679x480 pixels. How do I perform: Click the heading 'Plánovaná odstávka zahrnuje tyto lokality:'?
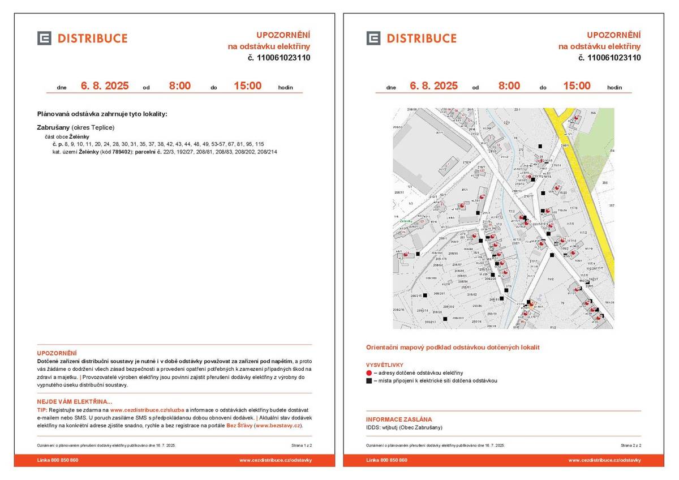coord(102,114)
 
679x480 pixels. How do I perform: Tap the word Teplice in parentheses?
coord(102,127)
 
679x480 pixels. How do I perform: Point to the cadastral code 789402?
coord(122,152)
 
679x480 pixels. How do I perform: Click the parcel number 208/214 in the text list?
coord(267,152)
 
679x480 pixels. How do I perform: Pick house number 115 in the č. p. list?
coord(259,144)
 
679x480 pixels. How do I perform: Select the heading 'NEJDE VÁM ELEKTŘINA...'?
coord(75,402)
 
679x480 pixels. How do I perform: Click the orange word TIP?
coord(42,410)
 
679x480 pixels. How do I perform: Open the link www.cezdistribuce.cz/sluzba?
coord(147,410)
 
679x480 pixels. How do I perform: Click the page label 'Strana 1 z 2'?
coord(302,445)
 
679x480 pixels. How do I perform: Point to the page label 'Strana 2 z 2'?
coord(631,445)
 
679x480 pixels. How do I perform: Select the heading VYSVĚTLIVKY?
coord(385,365)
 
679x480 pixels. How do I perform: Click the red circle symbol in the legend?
coord(369,373)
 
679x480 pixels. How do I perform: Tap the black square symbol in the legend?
coord(369,381)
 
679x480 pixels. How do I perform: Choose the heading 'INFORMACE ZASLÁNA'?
coord(399,419)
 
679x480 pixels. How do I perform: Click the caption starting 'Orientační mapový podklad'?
coord(453,347)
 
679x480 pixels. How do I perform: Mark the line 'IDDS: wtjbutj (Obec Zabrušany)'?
coord(404,427)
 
